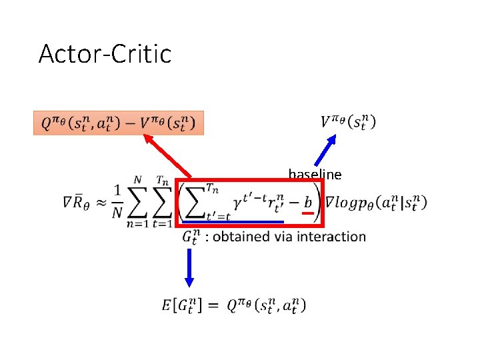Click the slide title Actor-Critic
pos(105,53)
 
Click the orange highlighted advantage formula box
pos(118,123)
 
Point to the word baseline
pos(315,175)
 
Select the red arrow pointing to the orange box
pos(167,156)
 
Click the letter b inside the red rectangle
pos(307,201)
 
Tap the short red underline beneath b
pos(307,213)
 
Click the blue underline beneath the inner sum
pos(233,221)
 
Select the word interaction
pos(331,237)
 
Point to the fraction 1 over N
pos(117,202)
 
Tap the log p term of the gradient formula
pos(376,202)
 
